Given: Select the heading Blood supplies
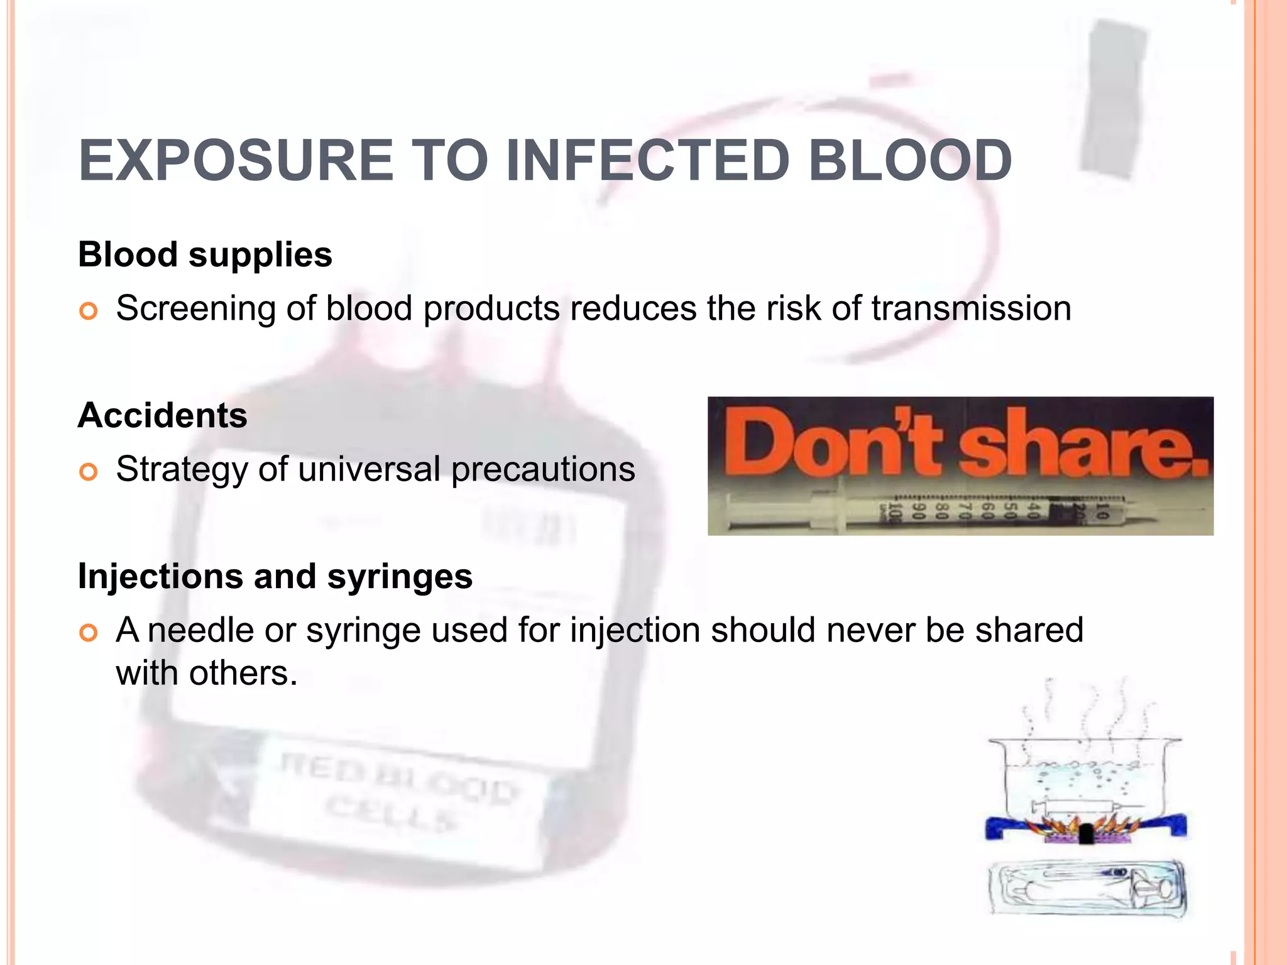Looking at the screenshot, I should click(x=205, y=255).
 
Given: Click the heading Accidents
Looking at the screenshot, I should click(x=163, y=416).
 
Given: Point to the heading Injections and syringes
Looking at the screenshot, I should click(x=275, y=577).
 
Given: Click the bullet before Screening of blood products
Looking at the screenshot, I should click(x=89, y=311).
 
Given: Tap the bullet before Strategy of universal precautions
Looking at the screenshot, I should click(x=89, y=472).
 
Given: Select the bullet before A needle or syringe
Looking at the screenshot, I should click(x=89, y=633).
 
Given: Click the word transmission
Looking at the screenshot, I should click(x=971, y=309).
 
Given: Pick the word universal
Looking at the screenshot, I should click(x=369, y=470).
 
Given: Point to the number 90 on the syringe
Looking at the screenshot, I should click(x=918, y=511).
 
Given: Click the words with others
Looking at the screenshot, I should click(x=206, y=673).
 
